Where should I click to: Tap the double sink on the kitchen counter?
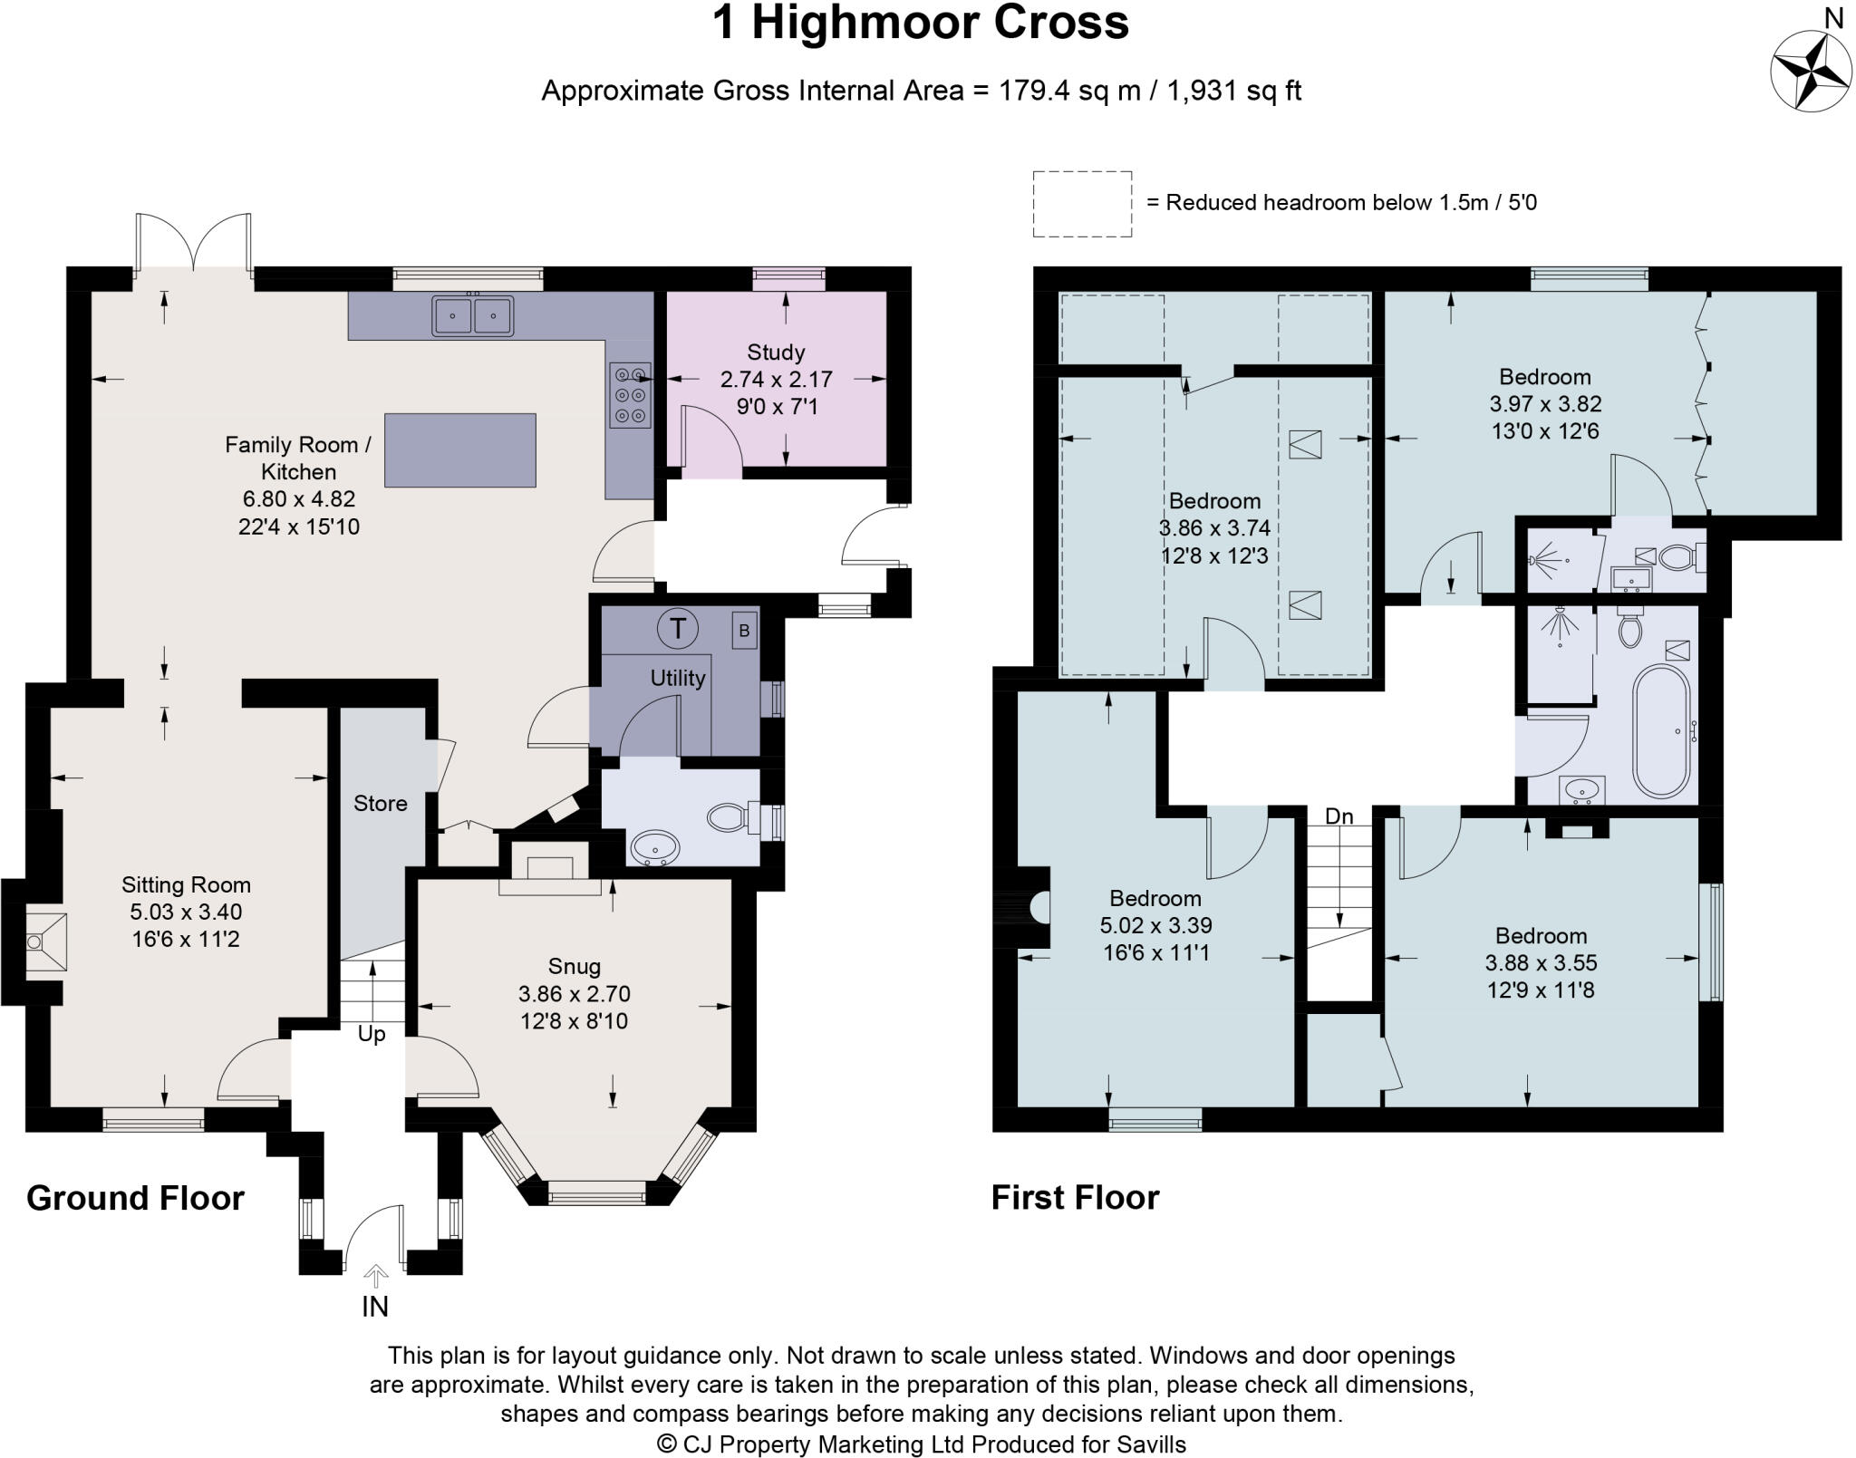click(473, 315)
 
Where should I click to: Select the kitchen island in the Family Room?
click(459, 450)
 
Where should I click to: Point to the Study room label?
click(776, 352)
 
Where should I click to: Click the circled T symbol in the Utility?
click(677, 628)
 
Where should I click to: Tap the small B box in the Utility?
click(744, 631)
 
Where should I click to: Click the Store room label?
click(380, 804)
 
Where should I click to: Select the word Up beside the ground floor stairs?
click(372, 1034)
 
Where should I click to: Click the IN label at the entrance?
click(375, 1307)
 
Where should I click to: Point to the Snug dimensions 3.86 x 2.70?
click(574, 994)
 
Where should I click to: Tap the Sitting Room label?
click(186, 884)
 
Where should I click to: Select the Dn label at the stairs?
click(1339, 816)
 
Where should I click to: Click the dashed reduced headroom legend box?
click(1082, 204)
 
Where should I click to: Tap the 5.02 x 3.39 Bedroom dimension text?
click(1155, 925)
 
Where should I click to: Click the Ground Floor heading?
click(135, 1198)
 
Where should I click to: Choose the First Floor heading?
click(1075, 1198)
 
